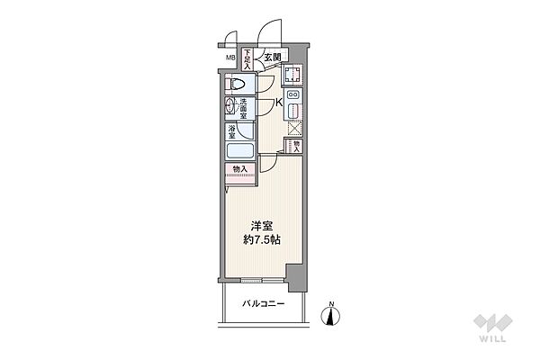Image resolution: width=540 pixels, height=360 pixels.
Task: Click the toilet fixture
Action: click(236, 85)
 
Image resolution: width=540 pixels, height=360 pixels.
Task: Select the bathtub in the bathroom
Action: click(239, 151)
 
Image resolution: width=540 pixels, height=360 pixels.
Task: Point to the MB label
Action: click(230, 60)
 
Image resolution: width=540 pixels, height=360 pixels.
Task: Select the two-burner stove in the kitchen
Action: click(293, 94)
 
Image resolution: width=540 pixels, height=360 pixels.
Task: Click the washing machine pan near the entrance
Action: click(293, 75)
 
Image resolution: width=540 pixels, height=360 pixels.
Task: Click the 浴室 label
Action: click(232, 132)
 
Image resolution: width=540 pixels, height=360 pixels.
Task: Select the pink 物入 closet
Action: click(240, 168)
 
